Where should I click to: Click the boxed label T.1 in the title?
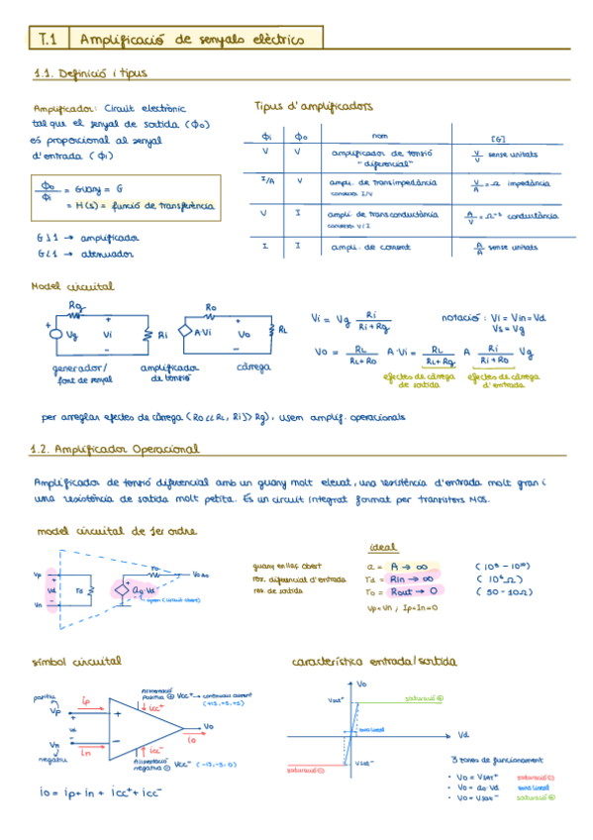(x=49, y=39)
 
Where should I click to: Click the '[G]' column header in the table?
(x=498, y=138)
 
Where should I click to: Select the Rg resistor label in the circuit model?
(x=76, y=305)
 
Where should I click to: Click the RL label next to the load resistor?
(x=282, y=329)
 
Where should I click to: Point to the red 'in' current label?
(x=86, y=752)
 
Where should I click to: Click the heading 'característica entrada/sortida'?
(x=368, y=661)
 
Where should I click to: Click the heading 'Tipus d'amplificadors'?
(x=313, y=105)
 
